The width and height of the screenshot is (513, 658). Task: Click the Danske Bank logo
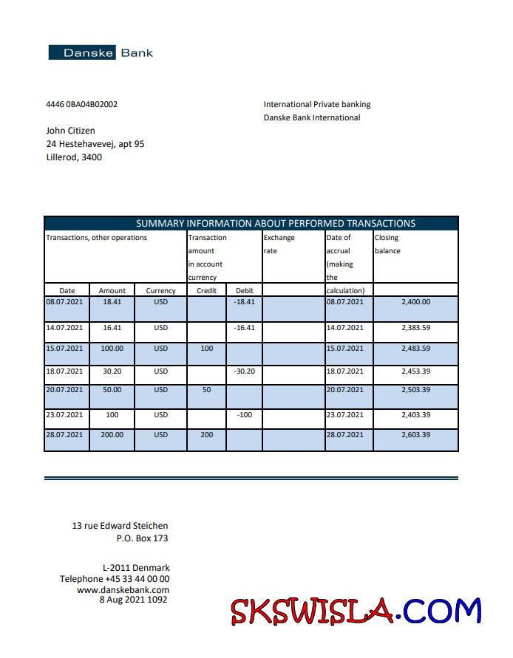pos(101,52)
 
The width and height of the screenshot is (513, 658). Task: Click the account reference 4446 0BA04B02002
pos(81,104)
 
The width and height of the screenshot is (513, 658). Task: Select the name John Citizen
pos(70,131)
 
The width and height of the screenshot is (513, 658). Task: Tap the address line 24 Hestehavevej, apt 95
pos(95,144)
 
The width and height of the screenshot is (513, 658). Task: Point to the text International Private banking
pos(317,105)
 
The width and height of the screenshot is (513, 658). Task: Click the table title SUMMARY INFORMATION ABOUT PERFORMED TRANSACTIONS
pos(276,223)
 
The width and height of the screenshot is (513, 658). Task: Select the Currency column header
pos(160,291)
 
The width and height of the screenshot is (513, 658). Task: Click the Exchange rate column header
pos(279,244)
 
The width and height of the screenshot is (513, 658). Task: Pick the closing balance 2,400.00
pos(415,302)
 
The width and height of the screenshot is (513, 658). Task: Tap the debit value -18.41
pos(244,302)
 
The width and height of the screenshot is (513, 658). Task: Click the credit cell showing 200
pos(206,435)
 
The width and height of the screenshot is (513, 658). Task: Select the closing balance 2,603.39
pos(415,435)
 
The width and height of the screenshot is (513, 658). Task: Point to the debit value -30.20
pos(244,371)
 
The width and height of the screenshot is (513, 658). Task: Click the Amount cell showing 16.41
pos(112,327)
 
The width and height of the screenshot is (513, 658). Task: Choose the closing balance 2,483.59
pos(415,348)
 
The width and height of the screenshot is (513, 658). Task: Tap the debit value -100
pos(244,415)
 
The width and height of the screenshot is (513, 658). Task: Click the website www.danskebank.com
pos(123,589)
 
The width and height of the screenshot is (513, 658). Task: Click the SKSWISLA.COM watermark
pos(356,611)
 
